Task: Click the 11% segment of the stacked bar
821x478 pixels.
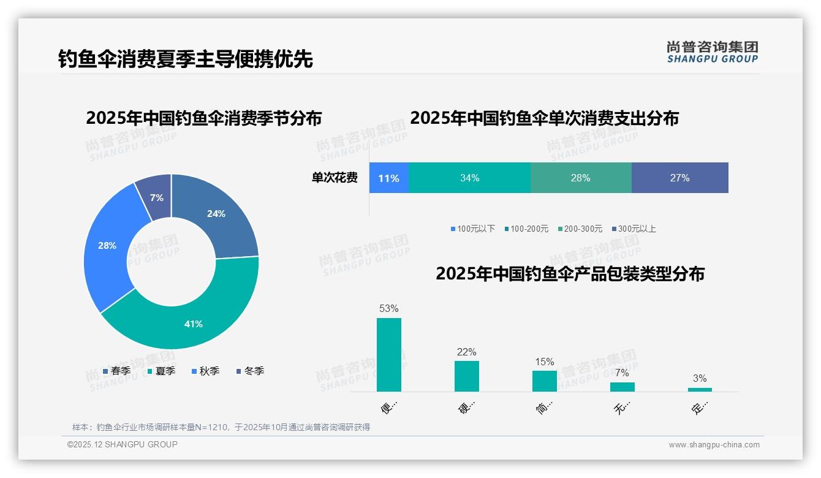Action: point(388,178)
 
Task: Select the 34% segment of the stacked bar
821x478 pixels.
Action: point(469,178)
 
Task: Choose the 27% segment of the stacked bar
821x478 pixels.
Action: point(679,178)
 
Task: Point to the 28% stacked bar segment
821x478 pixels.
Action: point(580,178)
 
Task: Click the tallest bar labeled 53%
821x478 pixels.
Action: point(389,355)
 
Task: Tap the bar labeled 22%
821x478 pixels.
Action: point(467,376)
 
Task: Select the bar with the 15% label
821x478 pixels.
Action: point(544,381)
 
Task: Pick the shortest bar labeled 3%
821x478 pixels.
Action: point(700,389)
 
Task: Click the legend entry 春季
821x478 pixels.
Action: point(116,371)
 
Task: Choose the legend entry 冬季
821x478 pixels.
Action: point(250,371)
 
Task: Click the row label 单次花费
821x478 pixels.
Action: point(335,178)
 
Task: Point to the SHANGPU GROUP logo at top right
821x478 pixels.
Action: point(712,52)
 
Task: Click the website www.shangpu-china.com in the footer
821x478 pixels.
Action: point(714,445)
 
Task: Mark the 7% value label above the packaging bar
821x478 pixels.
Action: point(622,373)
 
